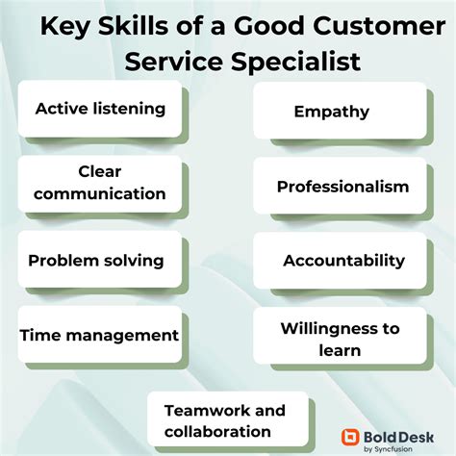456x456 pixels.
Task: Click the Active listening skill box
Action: [99, 108]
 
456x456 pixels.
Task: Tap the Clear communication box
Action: [99, 183]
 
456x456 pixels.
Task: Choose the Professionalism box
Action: [339, 187]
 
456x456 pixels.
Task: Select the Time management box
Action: [99, 335]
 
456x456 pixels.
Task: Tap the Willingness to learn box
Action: [339, 339]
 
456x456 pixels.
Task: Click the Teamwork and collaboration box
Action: [227, 420]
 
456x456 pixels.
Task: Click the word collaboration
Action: [216, 432]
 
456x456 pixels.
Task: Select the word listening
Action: [128, 108]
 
